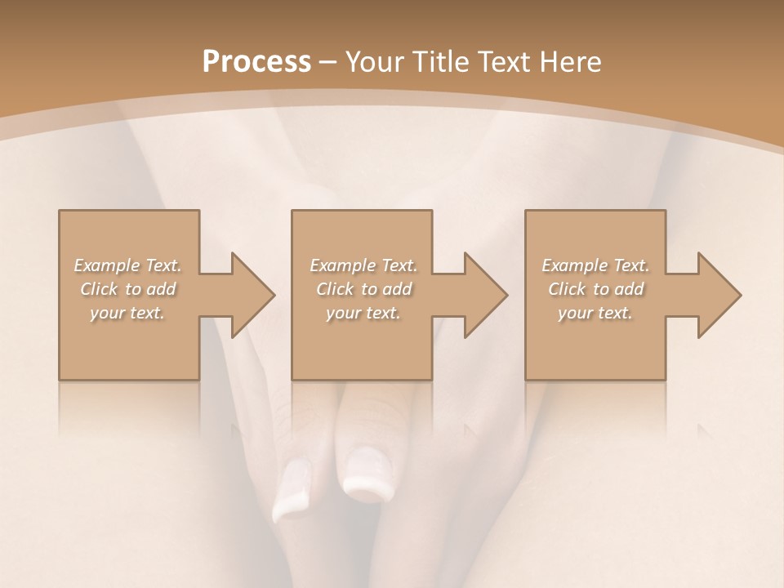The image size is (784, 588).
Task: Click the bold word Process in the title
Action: (256, 62)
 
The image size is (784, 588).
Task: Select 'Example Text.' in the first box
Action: (127, 265)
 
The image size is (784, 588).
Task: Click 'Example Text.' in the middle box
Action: (363, 265)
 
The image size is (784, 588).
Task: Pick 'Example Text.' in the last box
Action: (595, 265)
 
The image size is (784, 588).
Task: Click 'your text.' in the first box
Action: (127, 313)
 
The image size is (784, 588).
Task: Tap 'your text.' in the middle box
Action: (363, 313)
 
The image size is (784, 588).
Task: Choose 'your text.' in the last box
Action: (595, 313)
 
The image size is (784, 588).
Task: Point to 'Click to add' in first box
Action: (127, 289)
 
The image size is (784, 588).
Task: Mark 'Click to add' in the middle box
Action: (363, 289)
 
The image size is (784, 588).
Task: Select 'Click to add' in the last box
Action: (595, 289)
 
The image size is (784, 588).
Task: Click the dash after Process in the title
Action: (328, 63)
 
